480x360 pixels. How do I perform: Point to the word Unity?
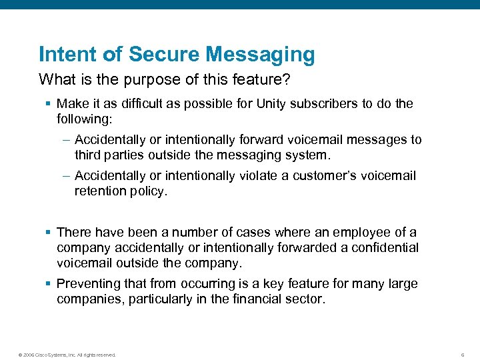(289, 104)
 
